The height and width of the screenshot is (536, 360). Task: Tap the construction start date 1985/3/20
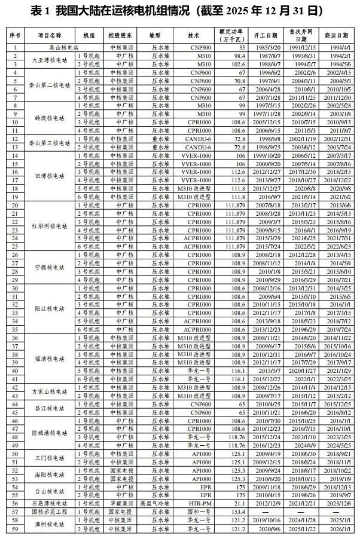click(x=270, y=46)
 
